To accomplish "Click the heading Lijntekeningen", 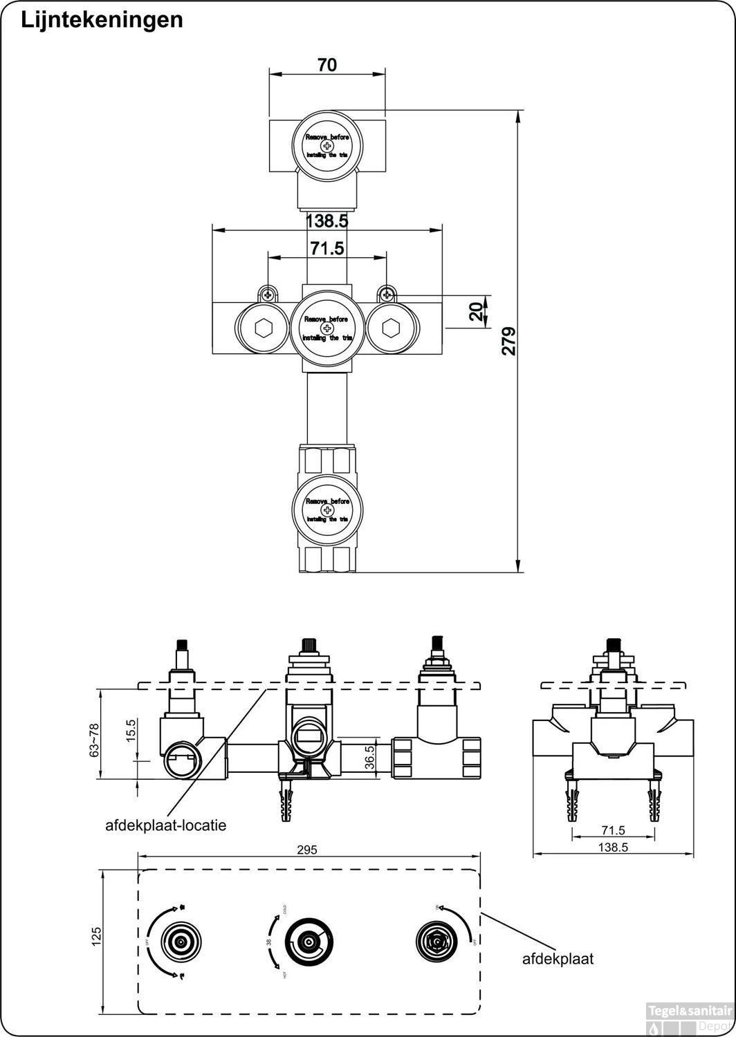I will click(102, 20).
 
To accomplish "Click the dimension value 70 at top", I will click(327, 65).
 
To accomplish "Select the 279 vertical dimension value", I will click(509, 342).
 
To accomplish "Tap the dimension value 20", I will click(476, 312).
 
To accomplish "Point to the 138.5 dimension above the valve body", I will click(326, 221).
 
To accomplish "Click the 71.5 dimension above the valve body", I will click(326, 247).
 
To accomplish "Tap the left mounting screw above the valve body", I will click(267, 295).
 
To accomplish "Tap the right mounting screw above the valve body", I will click(387, 295).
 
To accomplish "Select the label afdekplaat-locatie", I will click(166, 825).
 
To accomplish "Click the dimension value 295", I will click(307, 850).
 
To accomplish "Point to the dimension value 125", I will click(97, 936).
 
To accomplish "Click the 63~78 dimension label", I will click(95, 740).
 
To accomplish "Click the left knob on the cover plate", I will click(181, 941).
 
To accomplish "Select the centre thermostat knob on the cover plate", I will click(308, 942).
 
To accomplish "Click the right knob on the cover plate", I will click(435, 941).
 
